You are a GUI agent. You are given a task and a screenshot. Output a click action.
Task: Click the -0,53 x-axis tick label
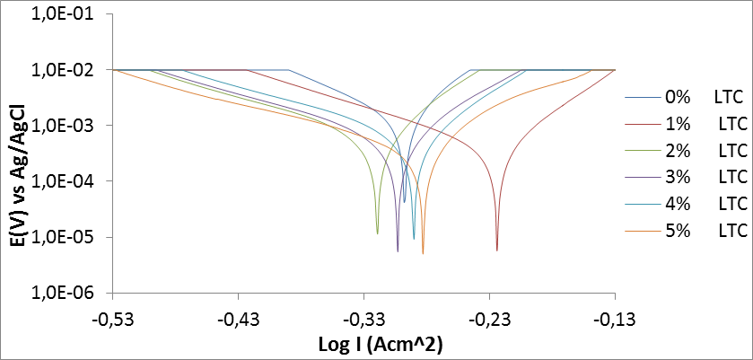[x=112, y=319]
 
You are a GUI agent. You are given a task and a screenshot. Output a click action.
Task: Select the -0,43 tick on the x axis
[x=238, y=319]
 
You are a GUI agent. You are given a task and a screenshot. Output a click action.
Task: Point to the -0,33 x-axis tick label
[x=363, y=319]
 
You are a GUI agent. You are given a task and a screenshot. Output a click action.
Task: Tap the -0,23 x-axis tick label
[x=489, y=319]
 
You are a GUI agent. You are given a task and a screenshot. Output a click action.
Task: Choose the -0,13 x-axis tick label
[x=615, y=319]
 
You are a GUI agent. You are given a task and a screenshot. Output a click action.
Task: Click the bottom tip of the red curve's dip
[x=496, y=250]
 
